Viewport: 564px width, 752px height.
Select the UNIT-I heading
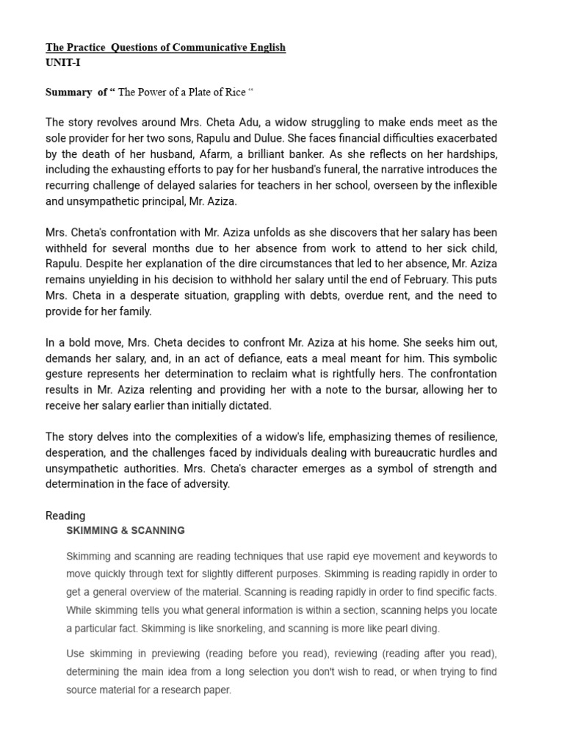tap(63, 62)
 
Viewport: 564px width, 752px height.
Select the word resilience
tap(470, 437)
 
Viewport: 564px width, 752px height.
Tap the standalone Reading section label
tap(65, 516)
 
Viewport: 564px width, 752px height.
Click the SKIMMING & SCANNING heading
tap(126, 530)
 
